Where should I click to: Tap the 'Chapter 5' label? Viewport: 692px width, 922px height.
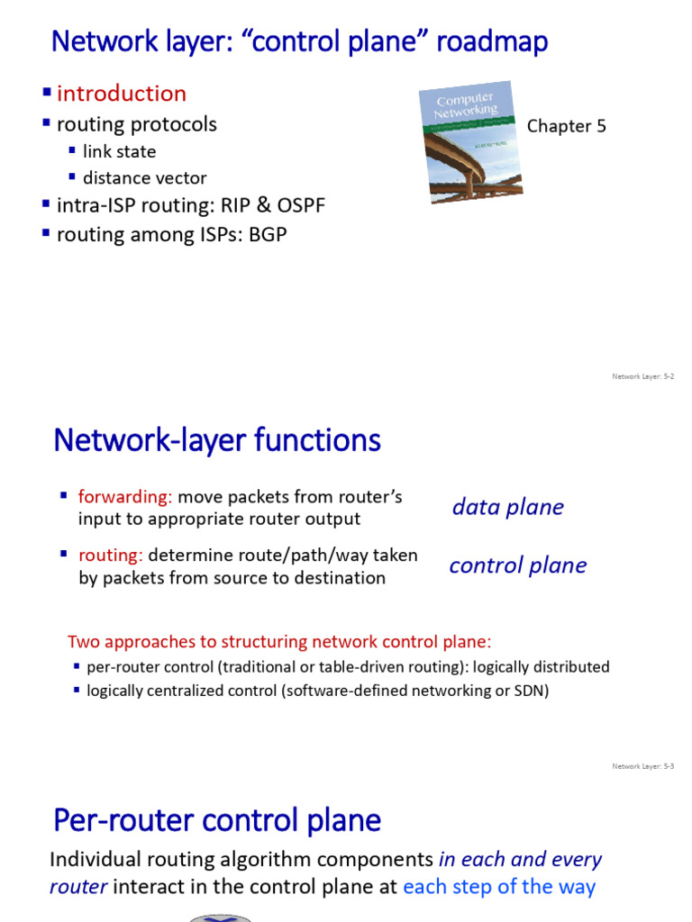pyautogui.click(x=566, y=126)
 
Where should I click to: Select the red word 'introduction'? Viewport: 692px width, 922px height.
pyautogui.click(x=122, y=94)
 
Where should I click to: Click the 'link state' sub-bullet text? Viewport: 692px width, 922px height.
pyautogui.click(x=119, y=151)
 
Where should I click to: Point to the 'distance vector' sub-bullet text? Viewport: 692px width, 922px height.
pyautogui.click(x=144, y=178)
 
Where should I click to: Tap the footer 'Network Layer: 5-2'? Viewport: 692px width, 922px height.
pyautogui.click(x=643, y=376)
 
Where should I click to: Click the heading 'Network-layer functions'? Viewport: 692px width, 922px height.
pyautogui.click(x=217, y=441)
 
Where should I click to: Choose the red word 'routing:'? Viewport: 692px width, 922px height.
pyautogui.click(x=111, y=556)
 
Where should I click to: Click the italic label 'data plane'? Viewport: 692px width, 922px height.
pyautogui.click(x=507, y=507)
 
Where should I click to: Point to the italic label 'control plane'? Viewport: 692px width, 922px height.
pyautogui.click(x=517, y=565)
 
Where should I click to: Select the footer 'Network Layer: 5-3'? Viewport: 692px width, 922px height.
pyautogui.click(x=643, y=766)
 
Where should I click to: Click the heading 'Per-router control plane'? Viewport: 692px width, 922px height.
pyautogui.click(x=217, y=820)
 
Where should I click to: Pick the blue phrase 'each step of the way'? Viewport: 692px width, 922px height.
pyautogui.click(x=499, y=887)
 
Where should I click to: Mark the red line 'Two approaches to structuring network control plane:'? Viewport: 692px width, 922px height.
pyautogui.click(x=279, y=642)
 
